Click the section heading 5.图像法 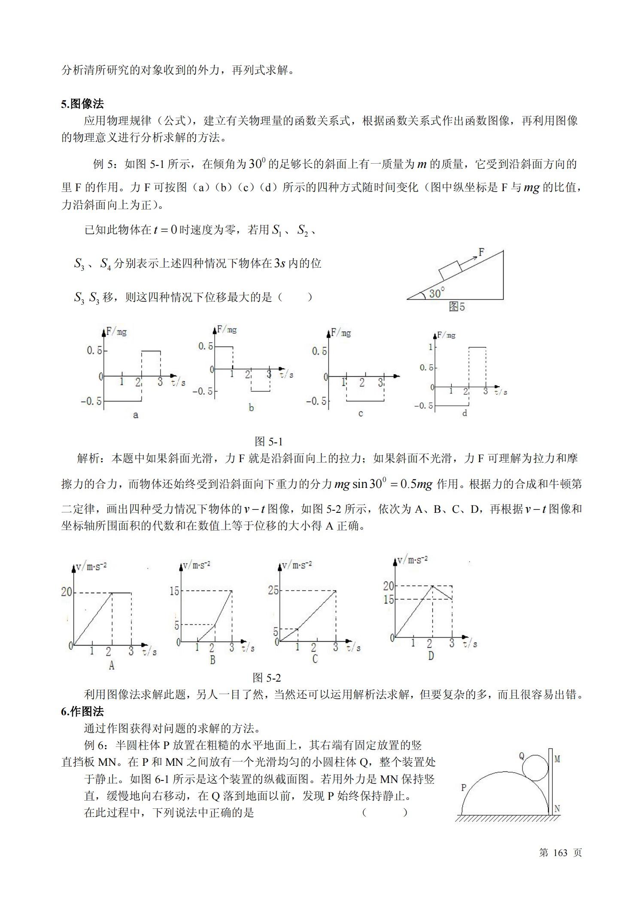82,104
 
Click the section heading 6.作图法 82,712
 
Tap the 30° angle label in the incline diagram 437,293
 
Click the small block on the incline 450,270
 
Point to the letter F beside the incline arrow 481,252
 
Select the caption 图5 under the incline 456,307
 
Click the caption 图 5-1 268,442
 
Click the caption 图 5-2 267,678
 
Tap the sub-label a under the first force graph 136,415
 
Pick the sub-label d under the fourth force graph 465,413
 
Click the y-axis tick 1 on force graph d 431,347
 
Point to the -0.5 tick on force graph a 91,401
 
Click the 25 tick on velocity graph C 273,590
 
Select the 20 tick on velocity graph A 66,592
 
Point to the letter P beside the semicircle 463,787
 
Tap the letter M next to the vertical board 557,759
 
